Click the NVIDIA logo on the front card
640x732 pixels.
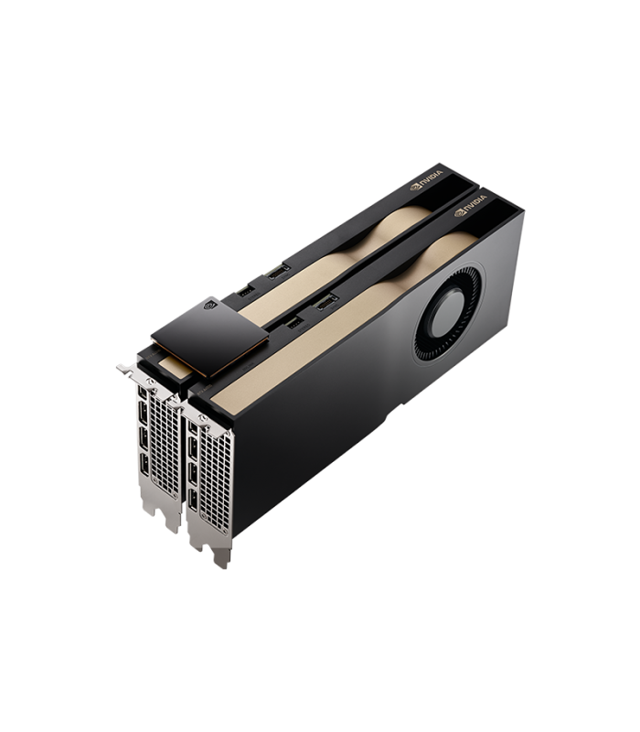[470, 205]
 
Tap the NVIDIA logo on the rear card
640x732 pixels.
[426, 180]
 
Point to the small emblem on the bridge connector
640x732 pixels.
[210, 305]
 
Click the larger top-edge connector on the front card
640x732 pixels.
[326, 303]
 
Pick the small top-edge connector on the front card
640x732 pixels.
[293, 323]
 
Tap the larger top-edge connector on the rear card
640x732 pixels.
[279, 271]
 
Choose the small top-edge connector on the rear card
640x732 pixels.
[245, 291]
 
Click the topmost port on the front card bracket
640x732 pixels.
[192, 426]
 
